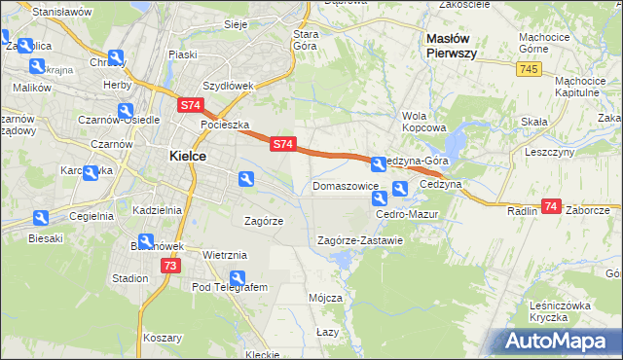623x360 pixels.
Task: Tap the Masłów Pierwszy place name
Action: (452, 46)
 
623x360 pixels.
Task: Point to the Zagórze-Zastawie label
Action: (360, 240)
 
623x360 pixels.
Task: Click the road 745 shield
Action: (529, 69)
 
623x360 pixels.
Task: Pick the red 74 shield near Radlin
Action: (551, 206)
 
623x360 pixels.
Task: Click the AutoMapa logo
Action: (560, 342)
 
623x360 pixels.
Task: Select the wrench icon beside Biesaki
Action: (40, 219)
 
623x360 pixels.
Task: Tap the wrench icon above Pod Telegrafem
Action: (236, 278)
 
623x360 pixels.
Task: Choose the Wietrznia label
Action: (225, 255)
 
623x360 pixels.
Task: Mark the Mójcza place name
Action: (325, 298)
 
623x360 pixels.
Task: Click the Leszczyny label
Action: (547, 153)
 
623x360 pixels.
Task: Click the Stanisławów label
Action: (61, 12)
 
